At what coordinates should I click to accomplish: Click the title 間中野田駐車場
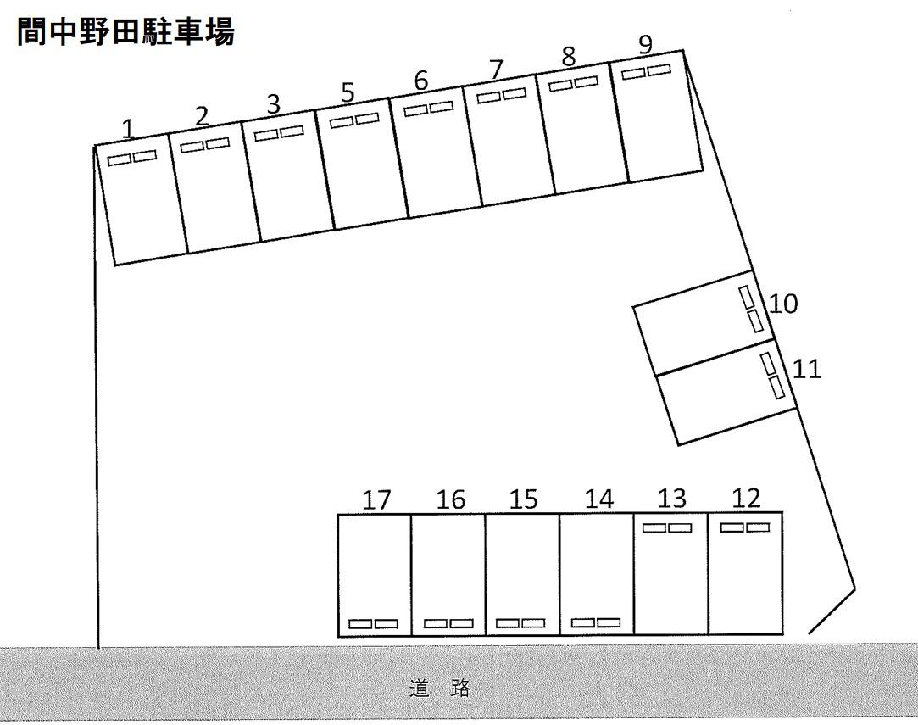pyautogui.click(x=125, y=31)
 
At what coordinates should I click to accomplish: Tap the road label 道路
pyautogui.click(x=440, y=688)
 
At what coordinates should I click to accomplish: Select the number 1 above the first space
pyautogui.click(x=128, y=130)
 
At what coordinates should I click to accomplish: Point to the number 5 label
pyautogui.click(x=348, y=92)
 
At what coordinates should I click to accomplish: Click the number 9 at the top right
pyautogui.click(x=645, y=44)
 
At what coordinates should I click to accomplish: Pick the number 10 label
pyautogui.click(x=782, y=304)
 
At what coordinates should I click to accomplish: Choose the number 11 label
pyautogui.click(x=807, y=370)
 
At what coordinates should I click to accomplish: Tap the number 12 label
pyautogui.click(x=746, y=499)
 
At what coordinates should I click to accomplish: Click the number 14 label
pyautogui.click(x=599, y=499)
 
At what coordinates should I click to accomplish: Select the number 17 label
pyautogui.click(x=376, y=500)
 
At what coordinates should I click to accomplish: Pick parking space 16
pyautogui.click(x=448, y=575)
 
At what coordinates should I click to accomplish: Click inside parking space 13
pyautogui.click(x=671, y=573)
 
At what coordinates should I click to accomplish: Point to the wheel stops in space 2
pyautogui.click(x=205, y=145)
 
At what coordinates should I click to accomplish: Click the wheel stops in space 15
pyautogui.click(x=520, y=623)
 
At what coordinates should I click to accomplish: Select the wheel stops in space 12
pyautogui.click(x=745, y=527)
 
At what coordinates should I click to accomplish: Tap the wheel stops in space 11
pyautogui.click(x=772, y=376)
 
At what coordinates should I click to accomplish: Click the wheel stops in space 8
pyautogui.click(x=573, y=84)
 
